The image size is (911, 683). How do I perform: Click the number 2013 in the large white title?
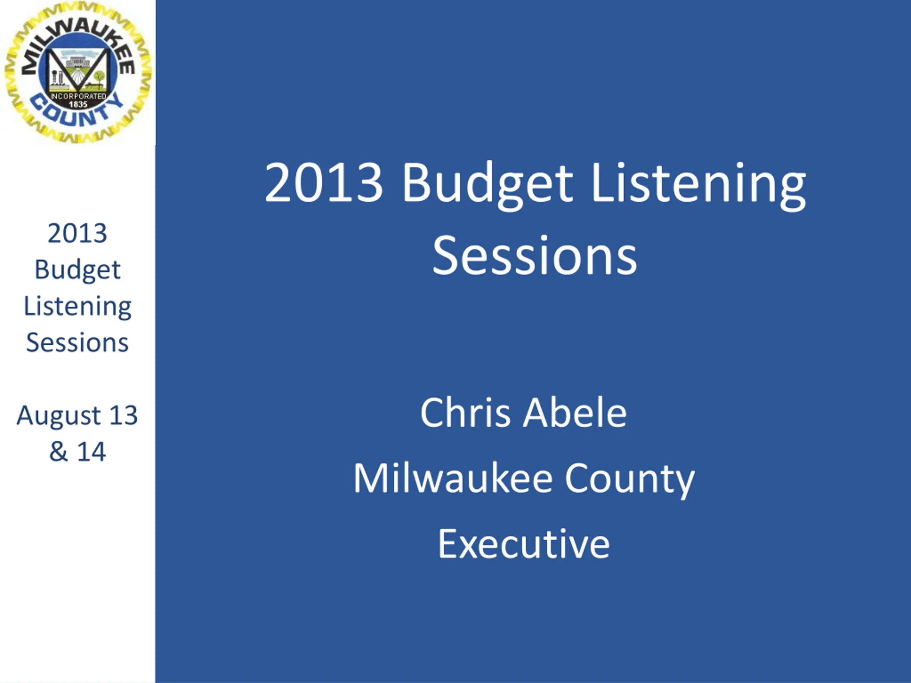324,182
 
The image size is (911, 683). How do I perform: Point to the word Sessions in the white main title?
535,255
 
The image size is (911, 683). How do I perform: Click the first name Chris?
465,413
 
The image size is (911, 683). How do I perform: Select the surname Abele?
575,413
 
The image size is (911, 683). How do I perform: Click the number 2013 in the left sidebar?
78,233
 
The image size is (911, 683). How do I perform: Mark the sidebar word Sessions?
78,343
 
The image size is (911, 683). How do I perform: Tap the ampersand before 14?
58,452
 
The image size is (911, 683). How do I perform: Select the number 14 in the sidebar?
91,452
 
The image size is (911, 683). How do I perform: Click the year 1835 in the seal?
78,105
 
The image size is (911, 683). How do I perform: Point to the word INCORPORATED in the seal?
78,96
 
